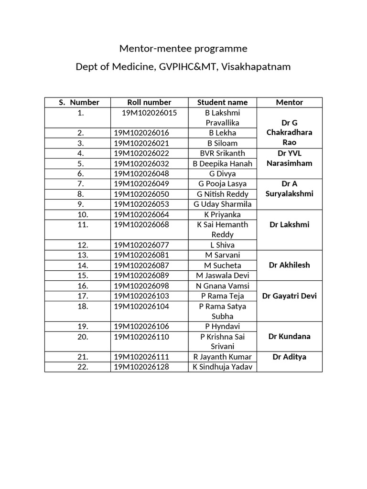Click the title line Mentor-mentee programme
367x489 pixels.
point(183,49)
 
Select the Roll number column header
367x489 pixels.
point(149,102)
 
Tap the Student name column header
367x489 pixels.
point(223,102)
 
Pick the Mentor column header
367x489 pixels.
point(290,102)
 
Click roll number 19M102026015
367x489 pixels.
point(149,113)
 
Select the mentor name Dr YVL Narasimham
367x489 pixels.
point(290,158)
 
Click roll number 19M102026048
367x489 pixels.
point(141,173)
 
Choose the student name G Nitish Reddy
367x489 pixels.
point(223,194)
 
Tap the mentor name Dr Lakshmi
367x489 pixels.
point(290,224)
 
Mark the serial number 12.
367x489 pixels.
point(80,245)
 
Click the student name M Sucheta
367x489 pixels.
point(223,265)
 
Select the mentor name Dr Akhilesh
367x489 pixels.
point(290,265)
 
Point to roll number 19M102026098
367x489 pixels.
point(141,286)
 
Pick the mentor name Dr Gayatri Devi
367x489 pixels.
point(290,296)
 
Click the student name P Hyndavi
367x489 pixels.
point(223,327)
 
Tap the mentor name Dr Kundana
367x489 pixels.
point(290,336)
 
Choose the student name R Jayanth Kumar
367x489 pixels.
point(223,357)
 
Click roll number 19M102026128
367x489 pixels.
point(141,367)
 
